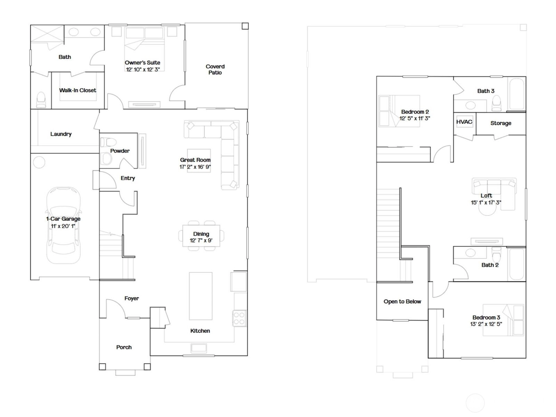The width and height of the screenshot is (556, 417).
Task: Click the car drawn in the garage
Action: pos(63,225)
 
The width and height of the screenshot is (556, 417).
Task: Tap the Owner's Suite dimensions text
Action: pos(143,69)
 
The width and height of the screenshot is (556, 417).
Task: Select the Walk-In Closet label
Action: pos(78,90)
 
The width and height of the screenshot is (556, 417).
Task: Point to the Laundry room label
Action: pos(61,134)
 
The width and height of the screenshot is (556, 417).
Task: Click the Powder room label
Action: pos(120,151)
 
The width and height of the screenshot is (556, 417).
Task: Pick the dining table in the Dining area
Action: pos(201,236)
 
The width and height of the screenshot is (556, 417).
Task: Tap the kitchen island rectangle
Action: pos(201,296)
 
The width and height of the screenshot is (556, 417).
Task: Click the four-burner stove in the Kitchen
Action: pos(239,319)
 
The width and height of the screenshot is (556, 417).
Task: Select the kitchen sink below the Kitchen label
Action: pos(199,348)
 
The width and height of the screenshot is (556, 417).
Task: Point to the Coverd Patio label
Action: pos(215,69)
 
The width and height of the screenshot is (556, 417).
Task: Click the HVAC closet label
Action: pos(464,122)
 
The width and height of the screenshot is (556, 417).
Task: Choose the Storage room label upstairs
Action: pos(501,123)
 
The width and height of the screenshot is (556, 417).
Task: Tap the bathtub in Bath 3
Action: pos(517,94)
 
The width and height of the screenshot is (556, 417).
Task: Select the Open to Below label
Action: pos(402,301)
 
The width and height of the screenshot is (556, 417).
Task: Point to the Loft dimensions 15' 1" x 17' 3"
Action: pos(486,203)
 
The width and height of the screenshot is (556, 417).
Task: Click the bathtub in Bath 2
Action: pos(517,264)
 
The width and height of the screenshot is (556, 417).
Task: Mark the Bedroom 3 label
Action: pos(486,317)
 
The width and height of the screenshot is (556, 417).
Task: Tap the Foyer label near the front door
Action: pos(132,298)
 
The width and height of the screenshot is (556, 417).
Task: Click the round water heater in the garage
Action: pos(39,162)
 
